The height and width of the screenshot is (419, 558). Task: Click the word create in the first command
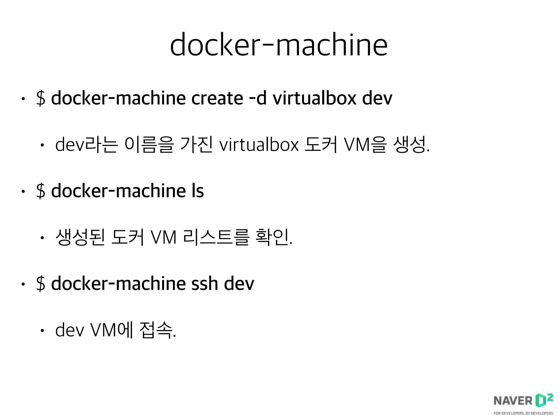(217, 98)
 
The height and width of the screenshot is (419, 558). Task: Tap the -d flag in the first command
(258, 98)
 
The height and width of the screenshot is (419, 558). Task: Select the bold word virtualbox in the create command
(314, 98)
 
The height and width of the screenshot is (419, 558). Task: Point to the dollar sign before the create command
(41, 98)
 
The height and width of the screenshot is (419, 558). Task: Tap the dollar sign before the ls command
(41, 191)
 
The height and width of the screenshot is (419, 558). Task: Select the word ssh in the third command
(205, 283)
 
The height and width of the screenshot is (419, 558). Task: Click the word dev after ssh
(239, 283)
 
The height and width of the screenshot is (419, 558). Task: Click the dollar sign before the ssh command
(41, 284)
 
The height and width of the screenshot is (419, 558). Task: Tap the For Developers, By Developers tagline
(523, 413)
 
